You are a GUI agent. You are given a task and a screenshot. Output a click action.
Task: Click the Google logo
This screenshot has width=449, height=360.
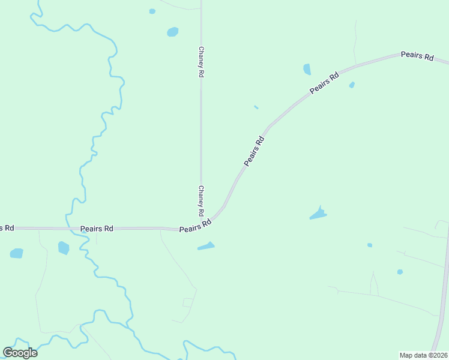click(x=20, y=353)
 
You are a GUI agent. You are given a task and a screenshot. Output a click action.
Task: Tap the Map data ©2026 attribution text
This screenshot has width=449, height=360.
click(x=423, y=355)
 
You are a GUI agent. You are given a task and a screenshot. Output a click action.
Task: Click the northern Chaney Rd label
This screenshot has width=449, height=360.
click(x=201, y=62)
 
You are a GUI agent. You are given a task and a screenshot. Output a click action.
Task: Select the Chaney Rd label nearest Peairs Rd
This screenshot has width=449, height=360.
click(x=201, y=201)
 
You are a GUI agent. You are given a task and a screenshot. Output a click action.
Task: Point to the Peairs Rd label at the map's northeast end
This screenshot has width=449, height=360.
click(x=417, y=56)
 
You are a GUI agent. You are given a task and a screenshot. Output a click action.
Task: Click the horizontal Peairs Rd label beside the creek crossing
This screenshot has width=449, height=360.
click(x=97, y=229)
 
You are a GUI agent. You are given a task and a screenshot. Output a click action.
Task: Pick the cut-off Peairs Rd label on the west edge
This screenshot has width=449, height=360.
click(x=7, y=228)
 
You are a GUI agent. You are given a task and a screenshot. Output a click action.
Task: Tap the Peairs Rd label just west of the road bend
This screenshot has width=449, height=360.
click(x=195, y=226)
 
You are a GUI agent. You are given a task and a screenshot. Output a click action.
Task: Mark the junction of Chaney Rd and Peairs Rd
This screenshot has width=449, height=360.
click(x=201, y=227)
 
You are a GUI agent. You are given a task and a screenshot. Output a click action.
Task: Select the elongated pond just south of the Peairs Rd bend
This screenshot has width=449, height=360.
click(x=206, y=246)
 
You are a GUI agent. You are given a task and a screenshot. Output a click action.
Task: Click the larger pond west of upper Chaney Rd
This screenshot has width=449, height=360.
click(x=173, y=32)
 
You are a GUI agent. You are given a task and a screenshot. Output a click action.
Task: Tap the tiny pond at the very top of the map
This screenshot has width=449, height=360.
click(x=152, y=11)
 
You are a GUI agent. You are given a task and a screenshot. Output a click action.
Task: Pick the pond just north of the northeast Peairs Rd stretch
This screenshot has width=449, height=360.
click(x=307, y=69)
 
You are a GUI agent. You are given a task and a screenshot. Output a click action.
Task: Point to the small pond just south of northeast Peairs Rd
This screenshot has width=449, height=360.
click(x=352, y=85)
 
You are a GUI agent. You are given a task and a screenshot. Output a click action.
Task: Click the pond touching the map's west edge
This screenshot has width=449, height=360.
click(x=16, y=253)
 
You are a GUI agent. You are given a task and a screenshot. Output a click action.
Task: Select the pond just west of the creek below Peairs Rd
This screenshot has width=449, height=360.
click(x=63, y=247)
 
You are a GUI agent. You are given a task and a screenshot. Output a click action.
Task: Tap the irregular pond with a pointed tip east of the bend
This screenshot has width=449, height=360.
click(x=318, y=214)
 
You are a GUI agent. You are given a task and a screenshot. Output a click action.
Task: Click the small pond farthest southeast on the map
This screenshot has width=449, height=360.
click(x=400, y=272)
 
